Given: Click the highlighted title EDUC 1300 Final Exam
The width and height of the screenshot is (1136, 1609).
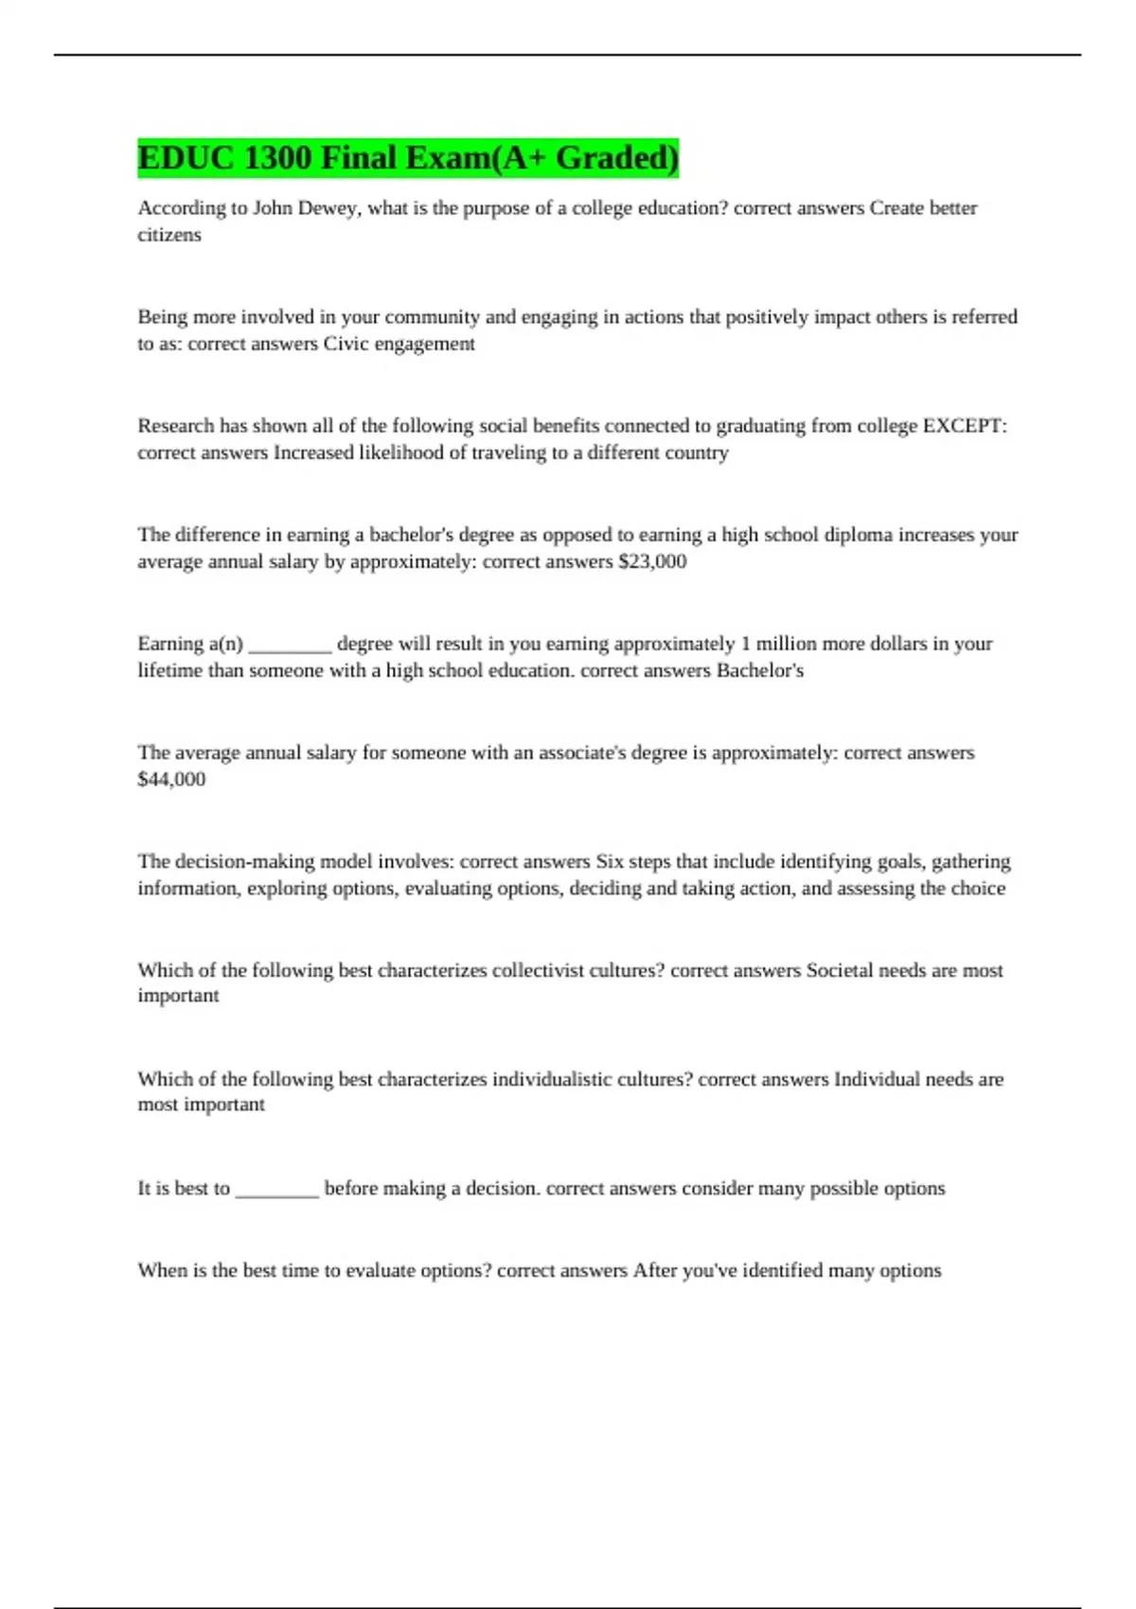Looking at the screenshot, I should (408, 158).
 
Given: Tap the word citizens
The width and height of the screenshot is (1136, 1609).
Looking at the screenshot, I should (169, 235).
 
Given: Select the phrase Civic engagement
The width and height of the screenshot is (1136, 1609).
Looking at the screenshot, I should (399, 344).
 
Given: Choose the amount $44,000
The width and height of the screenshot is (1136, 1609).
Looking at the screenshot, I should (171, 779).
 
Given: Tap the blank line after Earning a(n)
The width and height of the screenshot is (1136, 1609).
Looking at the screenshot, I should (290, 645).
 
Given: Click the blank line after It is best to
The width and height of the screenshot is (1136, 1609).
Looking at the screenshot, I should (276, 1190).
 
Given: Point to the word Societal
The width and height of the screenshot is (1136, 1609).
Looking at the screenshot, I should (839, 970).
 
